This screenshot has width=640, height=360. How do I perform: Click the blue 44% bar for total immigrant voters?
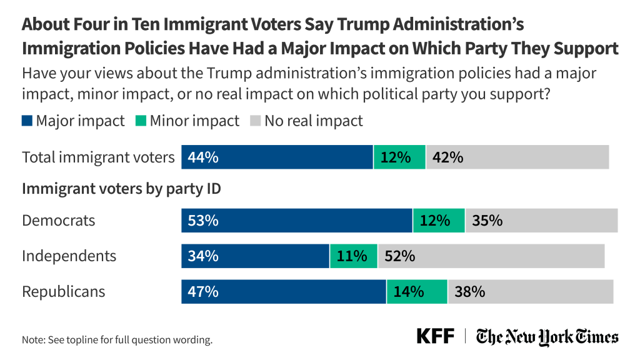point(277,157)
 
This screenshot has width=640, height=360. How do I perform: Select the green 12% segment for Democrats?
point(439,221)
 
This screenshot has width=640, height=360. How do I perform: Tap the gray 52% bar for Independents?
point(491,256)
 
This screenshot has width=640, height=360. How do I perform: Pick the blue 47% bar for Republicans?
point(283,292)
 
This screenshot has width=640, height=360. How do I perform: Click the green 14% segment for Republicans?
point(417,292)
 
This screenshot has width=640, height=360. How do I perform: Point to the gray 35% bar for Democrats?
point(541,221)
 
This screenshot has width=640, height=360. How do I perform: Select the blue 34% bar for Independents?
point(255,256)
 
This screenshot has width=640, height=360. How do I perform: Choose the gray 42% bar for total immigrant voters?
point(517,157)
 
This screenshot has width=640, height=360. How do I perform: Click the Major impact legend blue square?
point(27,121)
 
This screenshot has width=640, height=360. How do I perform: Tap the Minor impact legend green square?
point(140,121)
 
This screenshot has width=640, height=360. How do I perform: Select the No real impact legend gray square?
point(254,121)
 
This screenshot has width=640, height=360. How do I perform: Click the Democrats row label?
point(59,221)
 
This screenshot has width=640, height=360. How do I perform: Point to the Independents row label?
point(69,256)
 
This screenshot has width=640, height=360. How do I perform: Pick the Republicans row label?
point(64,292)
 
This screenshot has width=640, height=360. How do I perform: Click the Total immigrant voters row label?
point(98,157)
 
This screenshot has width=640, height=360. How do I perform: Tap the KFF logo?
point(436,336)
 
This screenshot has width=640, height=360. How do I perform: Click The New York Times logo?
point(547,337)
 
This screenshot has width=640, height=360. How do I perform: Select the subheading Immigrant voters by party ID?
point(121,189)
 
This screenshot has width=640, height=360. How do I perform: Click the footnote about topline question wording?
point(117,341)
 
